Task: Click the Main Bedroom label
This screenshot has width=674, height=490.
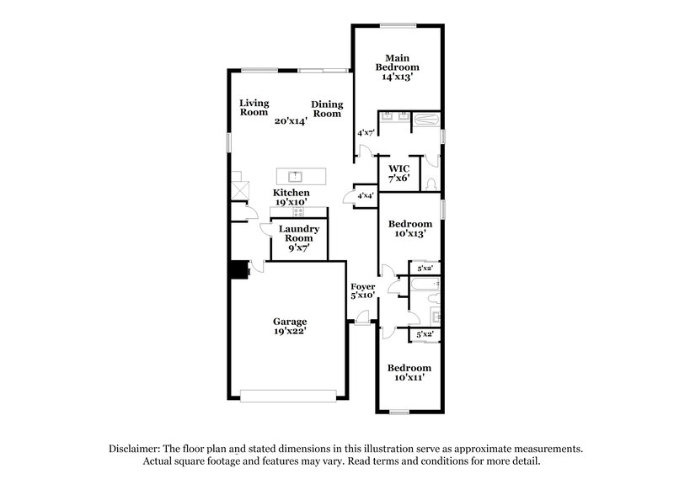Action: [397, 61]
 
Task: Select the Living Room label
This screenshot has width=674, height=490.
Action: [254, 107]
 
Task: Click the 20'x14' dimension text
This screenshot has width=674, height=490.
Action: [291, 120]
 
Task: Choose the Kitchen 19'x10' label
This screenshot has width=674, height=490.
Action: [291, 198]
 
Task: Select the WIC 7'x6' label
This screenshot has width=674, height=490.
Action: [399, 173]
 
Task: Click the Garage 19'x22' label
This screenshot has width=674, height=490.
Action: [289, 327]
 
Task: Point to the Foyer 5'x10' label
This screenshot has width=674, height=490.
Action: [363, 290]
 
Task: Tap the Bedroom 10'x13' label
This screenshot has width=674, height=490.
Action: [409, 228]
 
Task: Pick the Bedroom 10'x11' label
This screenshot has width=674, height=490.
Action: [409, 373]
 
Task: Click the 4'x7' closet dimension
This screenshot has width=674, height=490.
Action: [366, 132]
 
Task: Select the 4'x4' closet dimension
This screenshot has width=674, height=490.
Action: [366, 195]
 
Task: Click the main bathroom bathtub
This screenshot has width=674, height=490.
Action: [427, 120]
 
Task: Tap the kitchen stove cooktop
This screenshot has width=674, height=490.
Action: [297, 211]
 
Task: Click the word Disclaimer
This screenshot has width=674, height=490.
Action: [137, 449]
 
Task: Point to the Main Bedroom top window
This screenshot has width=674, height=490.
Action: [397, 24]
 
